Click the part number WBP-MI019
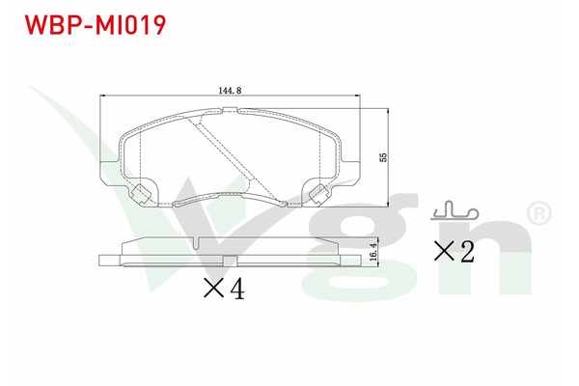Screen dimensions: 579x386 pyautogui.click(x=96, y=25)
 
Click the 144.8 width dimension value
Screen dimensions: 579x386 pyautogui.click(x=230, y=90)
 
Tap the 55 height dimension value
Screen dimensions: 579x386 pyautogui.click(x=383, y=157)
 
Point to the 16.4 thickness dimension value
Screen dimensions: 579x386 pyautogui.click(x=374, y=252)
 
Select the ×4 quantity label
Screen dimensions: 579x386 pyautogui.click(x=224, y=289)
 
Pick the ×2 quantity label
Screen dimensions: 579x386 pyautogui.click(x=454, y=252)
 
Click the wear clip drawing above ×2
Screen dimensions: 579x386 pyautogui.click(x=455, y=211)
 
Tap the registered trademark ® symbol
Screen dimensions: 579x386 pyautogui.click(x=539, y=213)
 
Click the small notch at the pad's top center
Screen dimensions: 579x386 pyautogui.click(x=230, y=109)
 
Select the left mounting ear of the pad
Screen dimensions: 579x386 pyautogui.click(x=110, y=173)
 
